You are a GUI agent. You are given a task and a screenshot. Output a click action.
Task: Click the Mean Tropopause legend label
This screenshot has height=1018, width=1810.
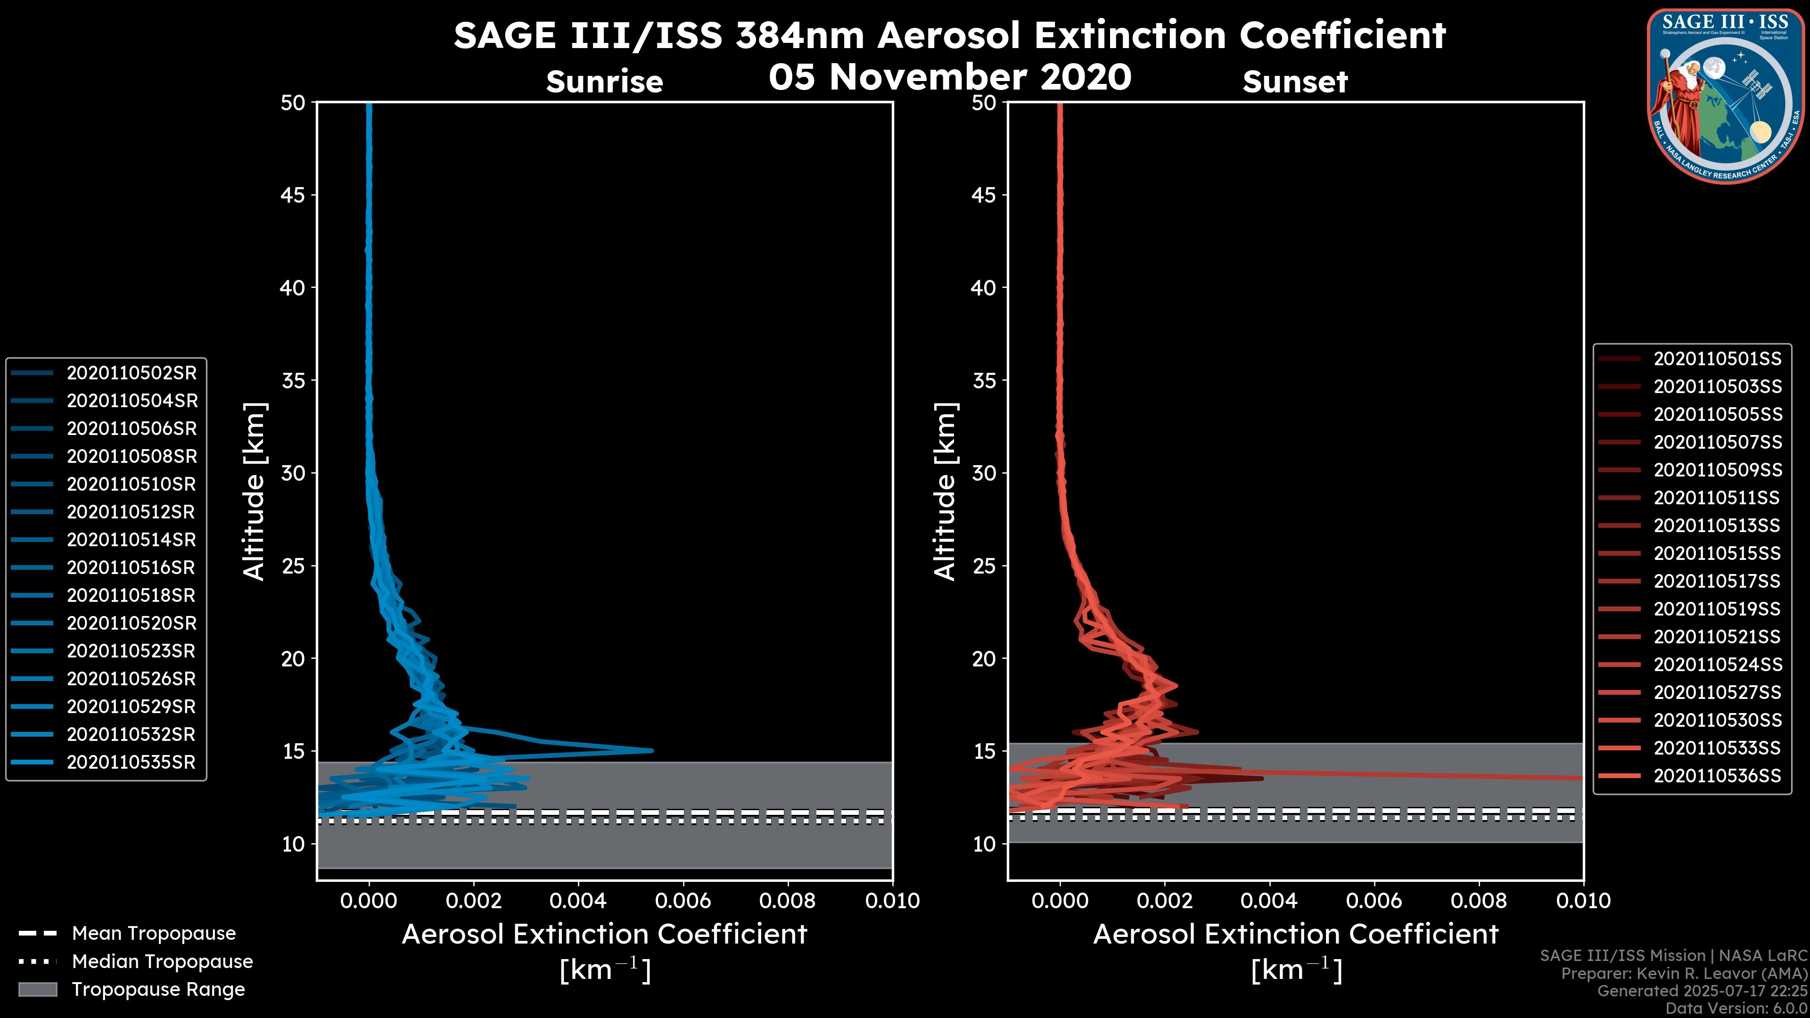[154, 933]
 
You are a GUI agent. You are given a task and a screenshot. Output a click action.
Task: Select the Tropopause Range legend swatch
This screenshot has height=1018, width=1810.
[37, 989]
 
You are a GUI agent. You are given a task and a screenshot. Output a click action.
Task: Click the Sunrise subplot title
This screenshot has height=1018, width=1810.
[604, 82]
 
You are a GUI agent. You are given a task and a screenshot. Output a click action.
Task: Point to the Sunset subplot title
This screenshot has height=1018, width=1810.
[1295, 82]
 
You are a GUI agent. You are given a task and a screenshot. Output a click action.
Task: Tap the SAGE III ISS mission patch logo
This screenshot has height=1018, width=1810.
[1726, 96]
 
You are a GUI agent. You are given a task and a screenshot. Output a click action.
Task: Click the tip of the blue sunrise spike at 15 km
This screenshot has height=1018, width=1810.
[652, 750]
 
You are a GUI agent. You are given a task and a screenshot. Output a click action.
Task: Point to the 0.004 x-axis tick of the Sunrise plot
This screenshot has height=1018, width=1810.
[578, 901]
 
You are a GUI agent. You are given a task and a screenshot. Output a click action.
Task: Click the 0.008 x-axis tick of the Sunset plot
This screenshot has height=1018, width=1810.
[1479, 901]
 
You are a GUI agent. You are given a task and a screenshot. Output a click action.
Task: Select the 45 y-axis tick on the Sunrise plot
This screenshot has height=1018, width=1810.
[293, 195]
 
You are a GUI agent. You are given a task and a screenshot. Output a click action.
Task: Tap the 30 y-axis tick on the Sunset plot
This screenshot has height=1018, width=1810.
[984, 474]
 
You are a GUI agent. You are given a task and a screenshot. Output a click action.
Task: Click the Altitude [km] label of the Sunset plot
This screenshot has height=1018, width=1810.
[945, 492]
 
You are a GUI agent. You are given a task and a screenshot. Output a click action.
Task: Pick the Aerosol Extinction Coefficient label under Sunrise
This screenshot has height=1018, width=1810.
[604, 935]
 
